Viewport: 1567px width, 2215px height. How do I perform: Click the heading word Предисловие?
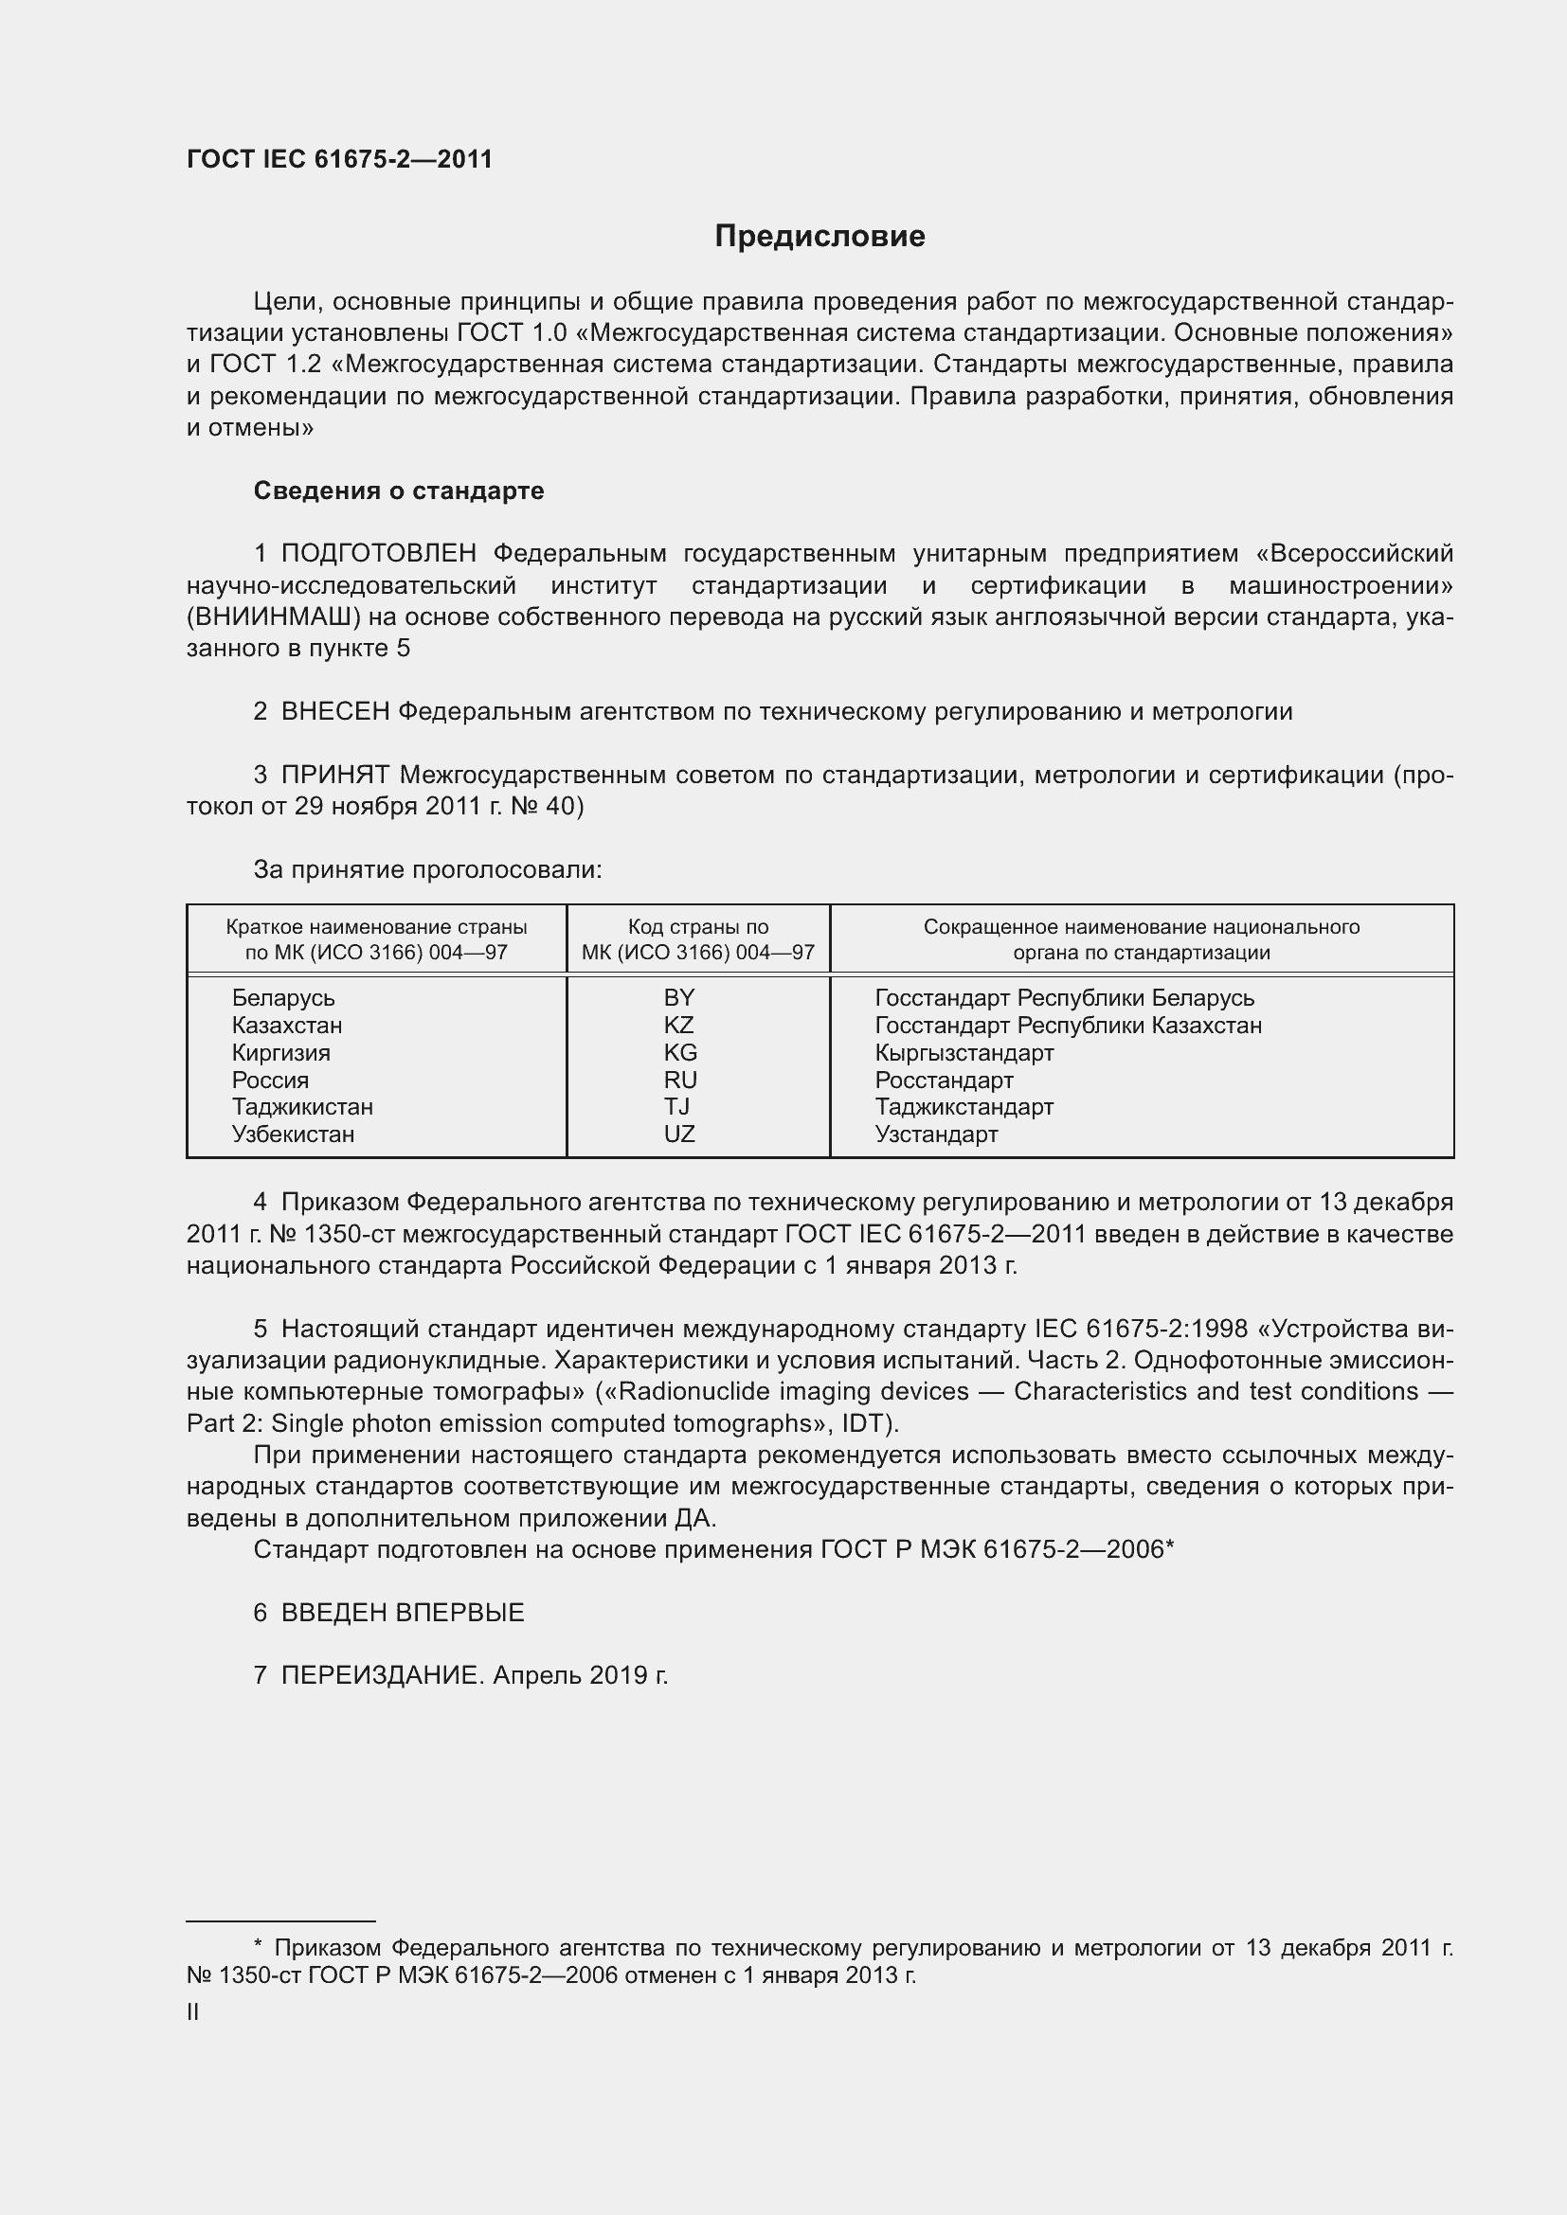(820, 237)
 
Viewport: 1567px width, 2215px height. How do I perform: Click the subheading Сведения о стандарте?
(399, 491)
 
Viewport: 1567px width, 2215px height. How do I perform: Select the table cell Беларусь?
(282, 997)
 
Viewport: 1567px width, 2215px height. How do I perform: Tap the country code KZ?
(679, 1025)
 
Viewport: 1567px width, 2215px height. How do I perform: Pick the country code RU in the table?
(680, 1080)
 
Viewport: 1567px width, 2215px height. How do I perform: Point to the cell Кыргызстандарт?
(964, 1052)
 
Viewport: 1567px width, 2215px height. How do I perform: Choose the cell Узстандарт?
(936, 1134)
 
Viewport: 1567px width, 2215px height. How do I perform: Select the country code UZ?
(679, 1134)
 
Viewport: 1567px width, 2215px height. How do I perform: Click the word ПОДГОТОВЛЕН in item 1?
(378, 554)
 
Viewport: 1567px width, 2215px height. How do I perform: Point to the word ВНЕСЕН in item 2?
(334, 712)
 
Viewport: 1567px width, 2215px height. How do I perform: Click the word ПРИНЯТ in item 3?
(334, 775)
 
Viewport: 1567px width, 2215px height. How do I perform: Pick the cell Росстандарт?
(944, 1080)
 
